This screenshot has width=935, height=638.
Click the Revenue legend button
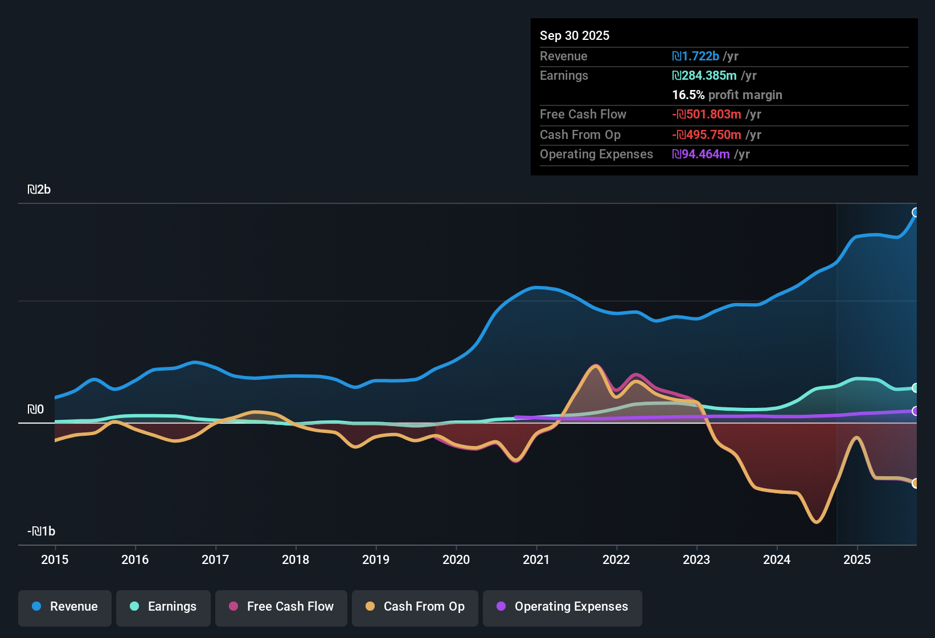[65, 607]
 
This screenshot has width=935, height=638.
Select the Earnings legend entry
[163, 607]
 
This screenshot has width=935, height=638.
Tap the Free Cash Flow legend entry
[281, 607]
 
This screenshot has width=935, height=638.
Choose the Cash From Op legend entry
[415, 607]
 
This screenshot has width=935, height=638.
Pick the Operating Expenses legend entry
[563, 607]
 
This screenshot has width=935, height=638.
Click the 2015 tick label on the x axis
[55, 559]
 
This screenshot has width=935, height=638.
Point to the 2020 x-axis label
[456, 559]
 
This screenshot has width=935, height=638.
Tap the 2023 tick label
[696, 559]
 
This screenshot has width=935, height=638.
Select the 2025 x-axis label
[857, 559]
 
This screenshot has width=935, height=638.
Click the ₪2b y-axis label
[39, 190]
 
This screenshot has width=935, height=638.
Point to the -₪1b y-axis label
[41, 531]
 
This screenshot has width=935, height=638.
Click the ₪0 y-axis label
[35, 410]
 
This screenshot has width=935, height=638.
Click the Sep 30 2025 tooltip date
[574, 35]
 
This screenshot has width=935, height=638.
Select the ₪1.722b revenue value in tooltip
[695, 56]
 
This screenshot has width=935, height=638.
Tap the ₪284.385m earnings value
[704, 76]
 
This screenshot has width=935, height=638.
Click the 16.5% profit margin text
[727, 95]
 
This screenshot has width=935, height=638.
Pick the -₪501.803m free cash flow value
[707, 114]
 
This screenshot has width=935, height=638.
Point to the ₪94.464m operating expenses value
[701, 154]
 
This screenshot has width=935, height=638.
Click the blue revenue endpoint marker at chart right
[916, 212]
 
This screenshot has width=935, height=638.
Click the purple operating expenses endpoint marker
[916, 411]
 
